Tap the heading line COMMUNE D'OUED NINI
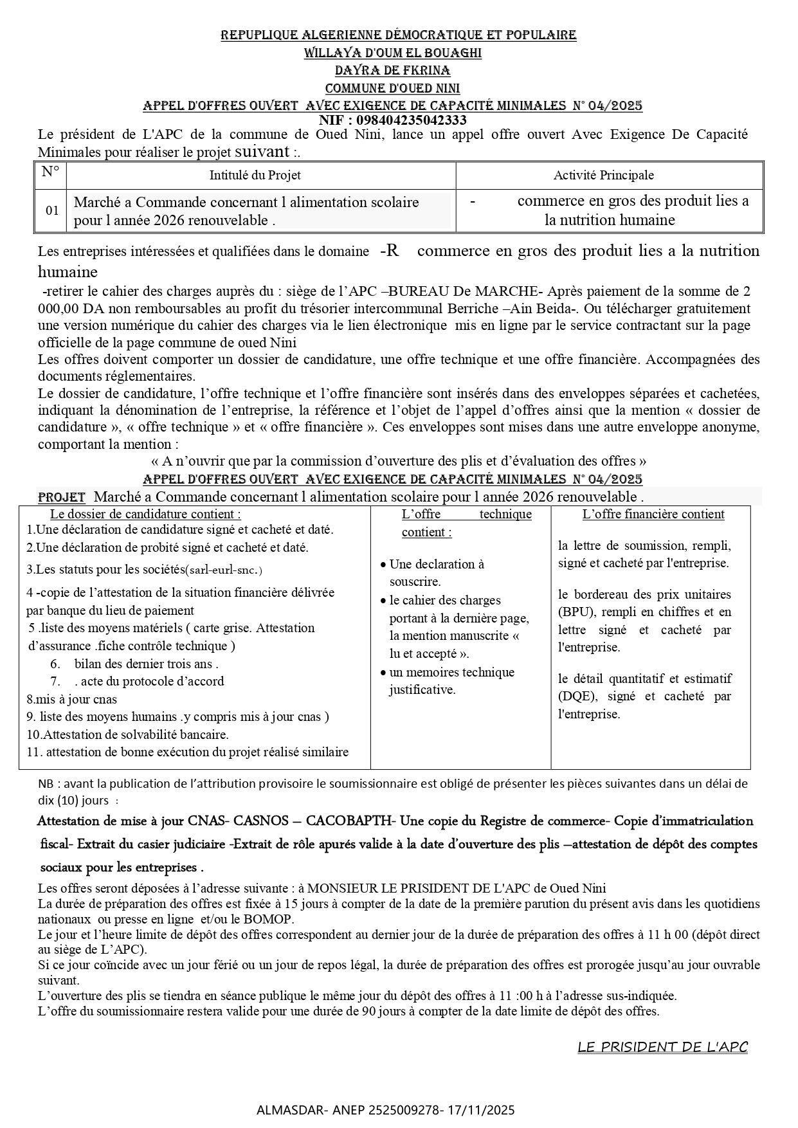click(392, 88)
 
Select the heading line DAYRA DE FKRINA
click(392, 71)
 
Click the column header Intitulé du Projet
click(255, 175)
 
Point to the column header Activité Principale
click(603, 175)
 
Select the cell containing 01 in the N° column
click(52, 210)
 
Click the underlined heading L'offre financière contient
click(653, 514)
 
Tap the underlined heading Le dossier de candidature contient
click(146, 514)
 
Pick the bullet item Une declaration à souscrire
click(436, 572)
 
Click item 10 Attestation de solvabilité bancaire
click(128, 734)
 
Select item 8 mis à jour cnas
click(72, 698)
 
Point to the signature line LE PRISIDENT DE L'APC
click(662, 1047)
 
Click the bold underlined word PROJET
click(62, 497)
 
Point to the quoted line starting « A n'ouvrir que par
click(399, 461)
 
